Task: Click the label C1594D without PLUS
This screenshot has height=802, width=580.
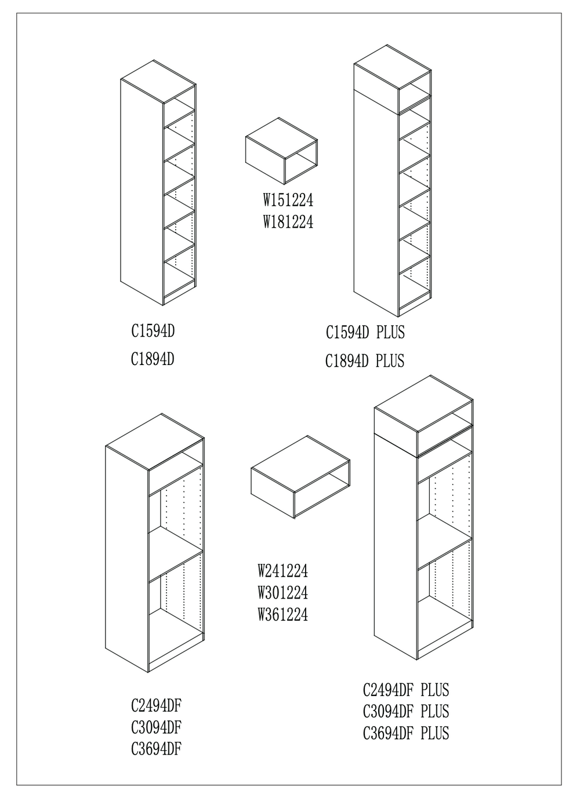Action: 153,331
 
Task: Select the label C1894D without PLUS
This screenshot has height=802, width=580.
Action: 153,359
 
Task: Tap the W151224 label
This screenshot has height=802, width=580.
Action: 288,200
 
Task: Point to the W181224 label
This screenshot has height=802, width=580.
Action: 288,222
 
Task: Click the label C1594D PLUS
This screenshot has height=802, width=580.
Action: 365,333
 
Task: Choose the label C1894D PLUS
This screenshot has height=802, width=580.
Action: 365,361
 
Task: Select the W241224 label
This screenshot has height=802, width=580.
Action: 283,571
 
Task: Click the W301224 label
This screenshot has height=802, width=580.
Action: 283,593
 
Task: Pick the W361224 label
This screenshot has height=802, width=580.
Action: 283,615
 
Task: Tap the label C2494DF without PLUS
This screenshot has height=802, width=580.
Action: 157,705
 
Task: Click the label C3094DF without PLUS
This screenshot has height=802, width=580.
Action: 157,727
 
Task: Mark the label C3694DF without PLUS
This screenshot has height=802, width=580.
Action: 157,748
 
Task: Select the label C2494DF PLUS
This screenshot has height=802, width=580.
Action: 406,690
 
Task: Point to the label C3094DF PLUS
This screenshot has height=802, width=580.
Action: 406,712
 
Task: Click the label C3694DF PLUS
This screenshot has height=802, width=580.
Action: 406,733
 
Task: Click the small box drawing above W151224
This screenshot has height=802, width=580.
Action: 282,151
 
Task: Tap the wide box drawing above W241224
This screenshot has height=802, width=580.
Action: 300,477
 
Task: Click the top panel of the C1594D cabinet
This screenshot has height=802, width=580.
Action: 158,82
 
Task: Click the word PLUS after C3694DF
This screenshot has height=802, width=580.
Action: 435,733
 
